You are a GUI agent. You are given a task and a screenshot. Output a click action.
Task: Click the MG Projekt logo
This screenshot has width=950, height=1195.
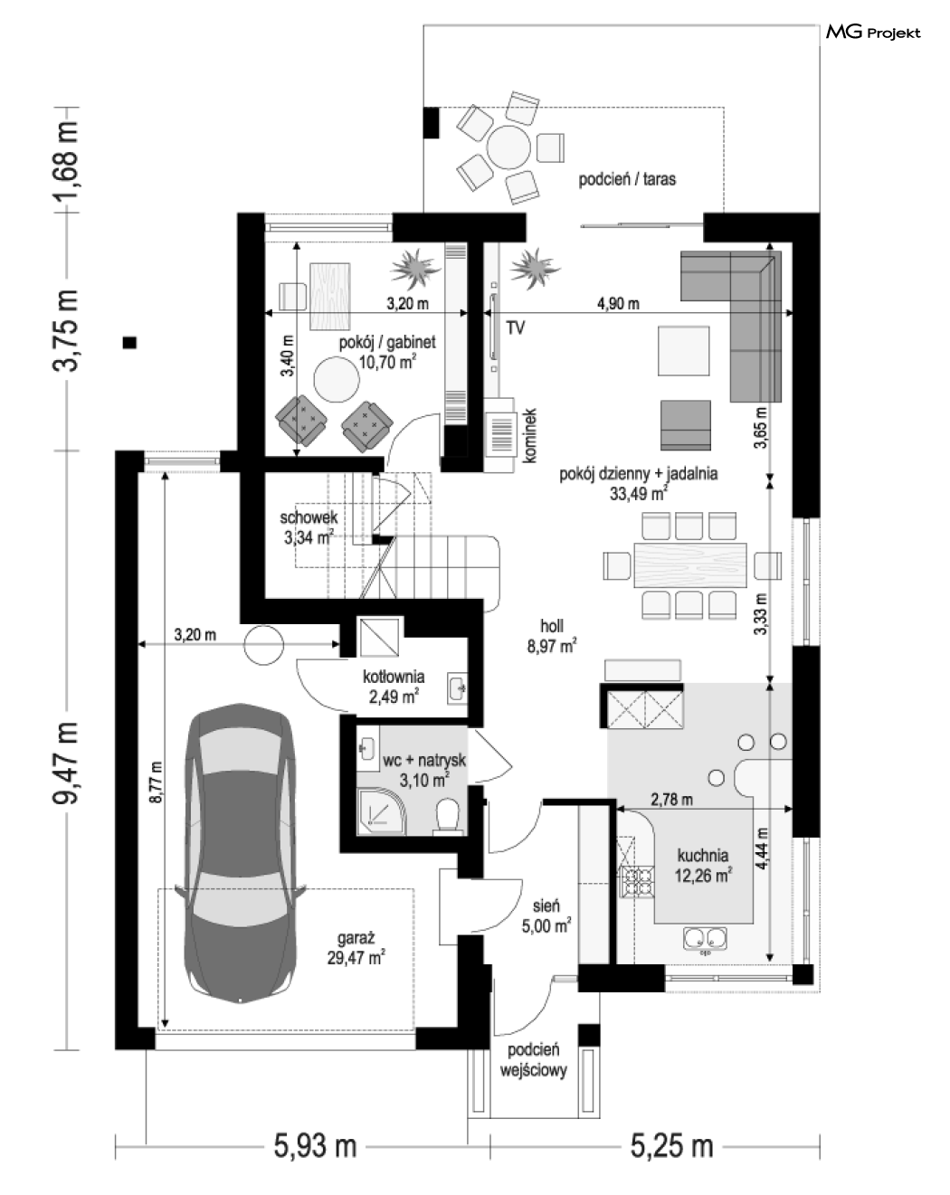click(x=873, y=33)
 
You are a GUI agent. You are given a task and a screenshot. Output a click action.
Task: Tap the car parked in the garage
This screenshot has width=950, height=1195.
click(x=240, y=853)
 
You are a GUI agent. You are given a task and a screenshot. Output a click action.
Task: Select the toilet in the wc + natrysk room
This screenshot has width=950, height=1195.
click(x=448, y=817)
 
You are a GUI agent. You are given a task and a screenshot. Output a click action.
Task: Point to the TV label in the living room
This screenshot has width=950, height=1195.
click(x=515, y=328)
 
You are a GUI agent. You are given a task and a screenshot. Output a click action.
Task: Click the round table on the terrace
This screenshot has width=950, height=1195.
click(x=508, y=147)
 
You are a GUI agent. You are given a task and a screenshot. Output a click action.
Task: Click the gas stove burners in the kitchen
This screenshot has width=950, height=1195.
click(x=639, y=882)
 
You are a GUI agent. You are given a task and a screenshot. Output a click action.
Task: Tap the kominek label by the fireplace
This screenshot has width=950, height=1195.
click(x=530, y=435)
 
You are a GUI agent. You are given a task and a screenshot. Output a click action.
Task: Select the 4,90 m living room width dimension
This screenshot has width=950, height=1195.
click(x=618, y=304)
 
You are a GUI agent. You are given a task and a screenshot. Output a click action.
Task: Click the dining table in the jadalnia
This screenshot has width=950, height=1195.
click(x=690, y=564)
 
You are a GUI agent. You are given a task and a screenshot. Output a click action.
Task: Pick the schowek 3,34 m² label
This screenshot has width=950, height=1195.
click(x=309, y=527)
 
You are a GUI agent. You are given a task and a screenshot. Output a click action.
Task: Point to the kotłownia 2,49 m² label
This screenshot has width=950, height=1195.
click(x=394, y=686)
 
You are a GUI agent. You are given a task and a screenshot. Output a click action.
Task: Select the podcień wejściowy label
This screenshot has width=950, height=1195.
click(x=533, y=1060)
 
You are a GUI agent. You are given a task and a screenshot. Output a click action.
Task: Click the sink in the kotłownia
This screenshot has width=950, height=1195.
click(x=456, y=688)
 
